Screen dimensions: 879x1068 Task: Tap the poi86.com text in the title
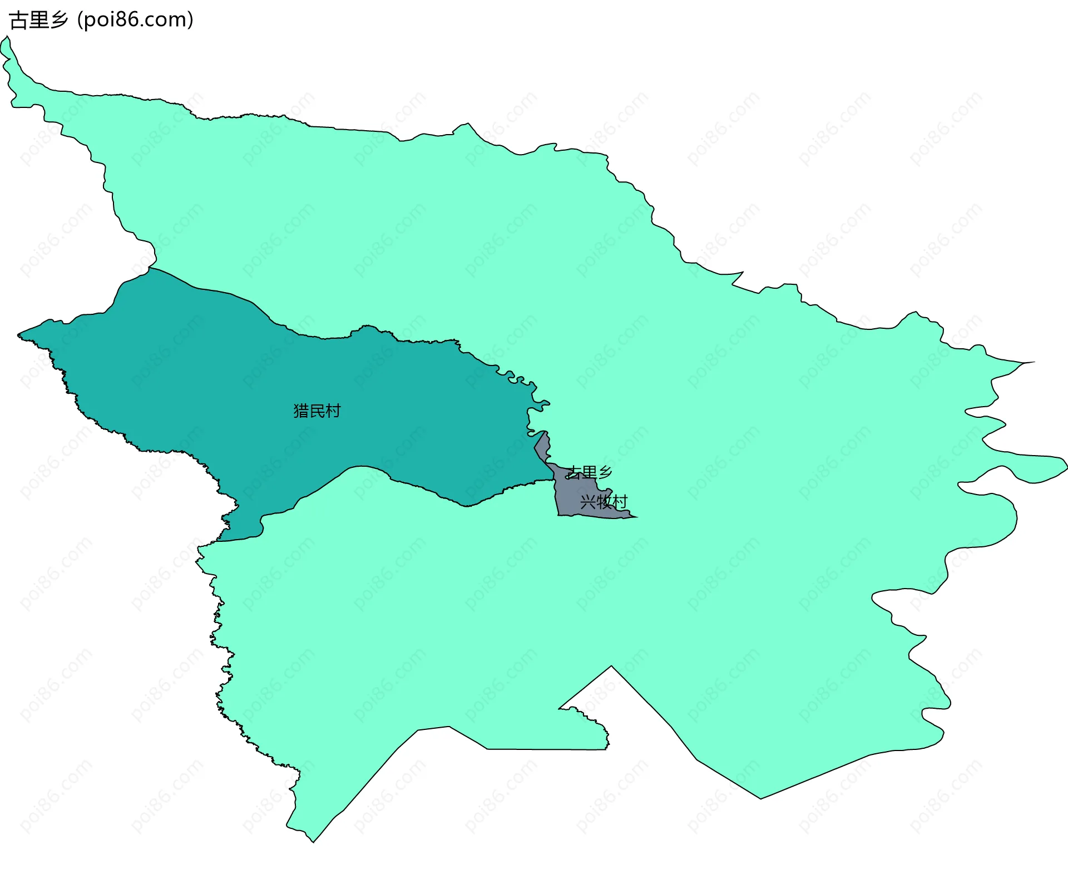click(135, 20)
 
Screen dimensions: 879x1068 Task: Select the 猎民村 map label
click(317, 411)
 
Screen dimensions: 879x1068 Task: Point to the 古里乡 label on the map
click(589, 473)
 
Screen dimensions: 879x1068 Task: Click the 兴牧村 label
click(604, 502)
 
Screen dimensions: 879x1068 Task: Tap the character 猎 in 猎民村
click(301, 411)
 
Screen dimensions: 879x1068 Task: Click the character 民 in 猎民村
click(317, 411)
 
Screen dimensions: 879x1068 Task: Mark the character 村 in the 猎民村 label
click(333, 411)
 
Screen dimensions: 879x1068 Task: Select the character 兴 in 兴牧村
click(588, 502)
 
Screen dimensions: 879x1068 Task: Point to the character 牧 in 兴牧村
click(604, 502)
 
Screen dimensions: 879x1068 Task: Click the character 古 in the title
click(18, 20)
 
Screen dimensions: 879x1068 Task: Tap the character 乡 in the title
click(59, 20)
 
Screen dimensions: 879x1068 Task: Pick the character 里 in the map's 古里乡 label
click(589, 473)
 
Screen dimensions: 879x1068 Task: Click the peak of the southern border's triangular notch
click(611, 666)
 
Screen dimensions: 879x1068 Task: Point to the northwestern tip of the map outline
click(7, 37)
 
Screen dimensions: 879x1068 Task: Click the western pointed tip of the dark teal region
click(18, 335)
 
